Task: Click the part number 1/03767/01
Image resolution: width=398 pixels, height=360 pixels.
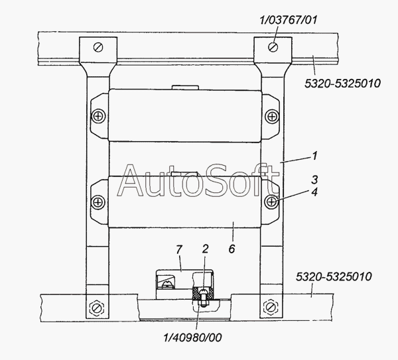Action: point(289,20)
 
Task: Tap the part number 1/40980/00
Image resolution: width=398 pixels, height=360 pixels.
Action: point(193,337)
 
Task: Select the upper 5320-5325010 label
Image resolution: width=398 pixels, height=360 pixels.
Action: point(343,84)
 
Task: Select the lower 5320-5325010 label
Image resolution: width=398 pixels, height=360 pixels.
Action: point(334,276)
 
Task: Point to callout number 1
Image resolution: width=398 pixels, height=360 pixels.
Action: point(314,156)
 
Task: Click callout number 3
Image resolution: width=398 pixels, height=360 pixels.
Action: point(314,180)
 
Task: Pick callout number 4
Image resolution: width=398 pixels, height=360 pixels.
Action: point(314,192)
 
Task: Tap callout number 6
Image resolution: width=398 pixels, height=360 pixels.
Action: point(232,249)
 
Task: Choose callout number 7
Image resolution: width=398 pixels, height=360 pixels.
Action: point(179,250)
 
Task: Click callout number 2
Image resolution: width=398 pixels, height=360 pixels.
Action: point(205,249)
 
